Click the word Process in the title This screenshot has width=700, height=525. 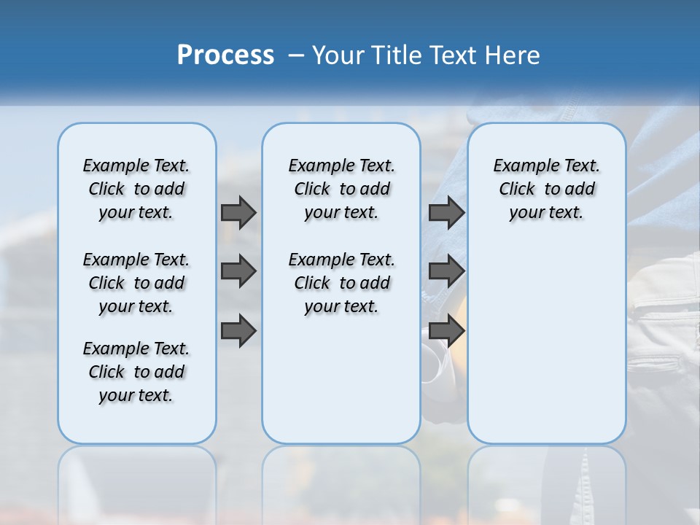click(x=225, y=55)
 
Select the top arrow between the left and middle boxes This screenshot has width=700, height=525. click(x=238, y=212)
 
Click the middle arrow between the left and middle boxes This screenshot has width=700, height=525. click(x=238, y=271)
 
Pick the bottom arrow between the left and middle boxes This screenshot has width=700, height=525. click(x=238, y=331)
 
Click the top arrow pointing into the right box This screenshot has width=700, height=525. click(x=446, y=212)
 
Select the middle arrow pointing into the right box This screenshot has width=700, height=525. click(x=446, y=271)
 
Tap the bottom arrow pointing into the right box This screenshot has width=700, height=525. click(x=446, y=331)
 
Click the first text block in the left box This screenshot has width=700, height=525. click(x=136, y=189)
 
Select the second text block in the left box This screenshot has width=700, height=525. click(x=136, y=283)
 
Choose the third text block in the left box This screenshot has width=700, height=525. click(x=136, y=372)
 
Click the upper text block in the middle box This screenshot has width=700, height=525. click(x=341, y=189)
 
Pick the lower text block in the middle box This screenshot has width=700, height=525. click(x=341, y=283)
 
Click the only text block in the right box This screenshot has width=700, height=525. click(x=546, y=189)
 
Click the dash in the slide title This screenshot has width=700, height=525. click(x=296, y=55)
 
